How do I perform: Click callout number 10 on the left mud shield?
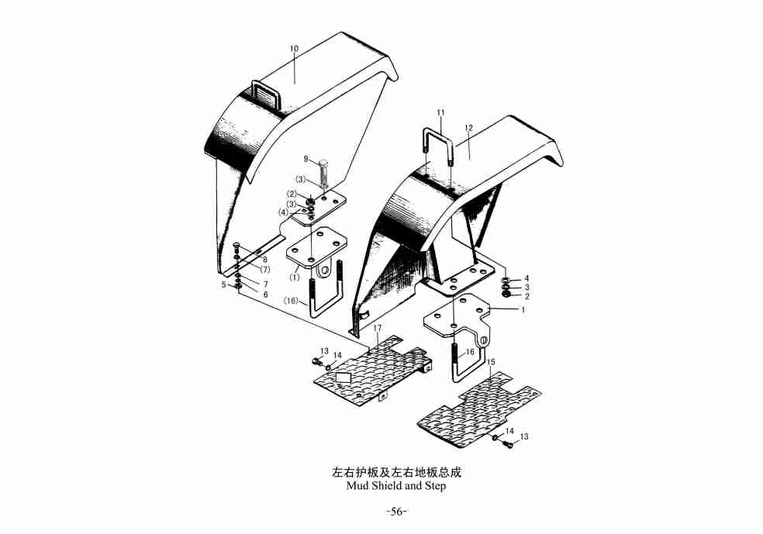pyautogui.click(x=294, y=49)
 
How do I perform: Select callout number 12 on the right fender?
pyautogui.click(x=468, y=127)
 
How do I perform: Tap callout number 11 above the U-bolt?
pyautogui.click(x=440, y=113)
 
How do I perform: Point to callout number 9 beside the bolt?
pyautogui.click(x=306, y=159)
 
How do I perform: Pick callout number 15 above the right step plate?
pyautogui.click(x=491, y=362)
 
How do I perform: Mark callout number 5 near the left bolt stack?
pyautogui.click(x=224, y=284)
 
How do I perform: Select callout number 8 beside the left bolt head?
pyautogui.click(x=264, y=259)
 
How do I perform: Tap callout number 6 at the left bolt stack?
pyautogui.click(x=264, y=295)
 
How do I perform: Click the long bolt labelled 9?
pyautogui.click(x=323, y=172)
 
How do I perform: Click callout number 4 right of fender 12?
pyautogui.click(x=527, y=277)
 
